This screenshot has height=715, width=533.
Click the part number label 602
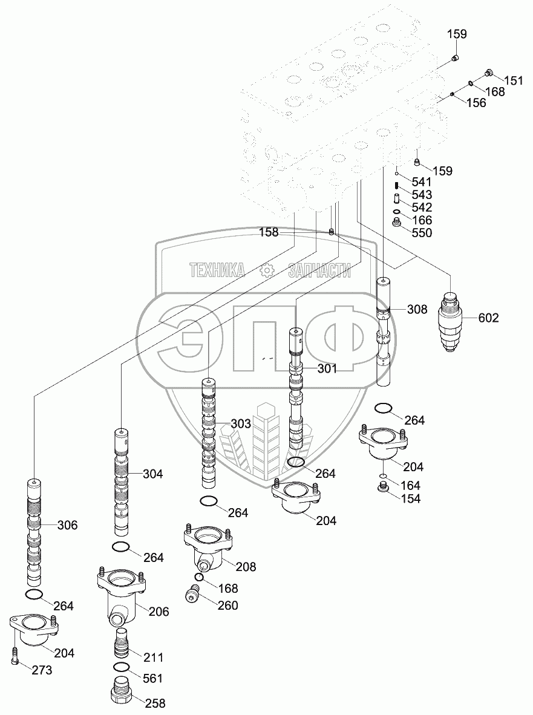pyautogui.click(x=488, y=318)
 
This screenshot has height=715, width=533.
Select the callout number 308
pyautogui.click(x=417, y=310)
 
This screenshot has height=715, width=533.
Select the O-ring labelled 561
pyautogui.click(x=122, y=667)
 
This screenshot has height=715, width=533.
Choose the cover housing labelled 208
pyautogui.click(x=208, y=546)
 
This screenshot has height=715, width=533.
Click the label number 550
pyautogui.click(x=422, y=233)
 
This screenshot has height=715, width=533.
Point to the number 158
pyautogui.click(x=269, y=232)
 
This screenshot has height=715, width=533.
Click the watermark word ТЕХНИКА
pyautogui.click(x=217, y=270)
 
